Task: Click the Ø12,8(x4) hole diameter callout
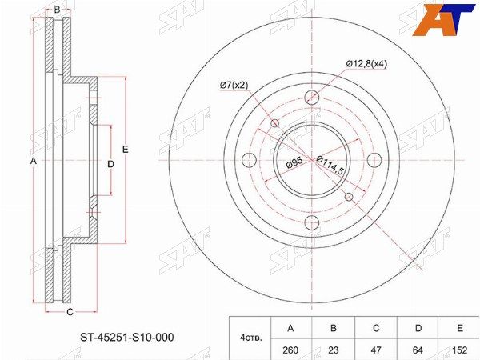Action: (x=366, y=64)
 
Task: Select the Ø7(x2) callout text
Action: (x=234, y=86)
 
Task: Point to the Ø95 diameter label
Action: (x=294, y=163)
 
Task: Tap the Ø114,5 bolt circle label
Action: (x=330, y=166)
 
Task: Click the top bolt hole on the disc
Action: (x=312, y=98)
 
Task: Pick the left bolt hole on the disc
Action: (x=249, y=160)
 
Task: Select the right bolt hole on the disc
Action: (x=374, y=160)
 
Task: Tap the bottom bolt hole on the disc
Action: (x=312, y=222)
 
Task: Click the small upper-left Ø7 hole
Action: (x=275, y=123)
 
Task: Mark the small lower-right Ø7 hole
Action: (x=349, y=197)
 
